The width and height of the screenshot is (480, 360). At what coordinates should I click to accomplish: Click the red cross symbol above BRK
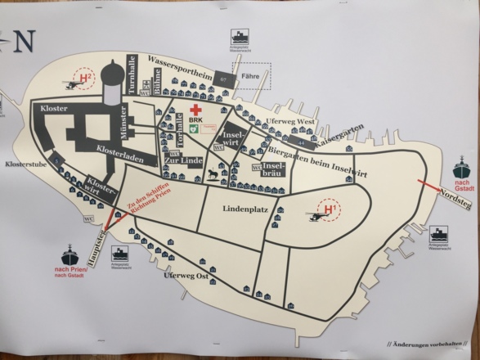(x=195, y=109)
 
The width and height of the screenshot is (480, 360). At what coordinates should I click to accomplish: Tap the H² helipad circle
(x=86, y=78)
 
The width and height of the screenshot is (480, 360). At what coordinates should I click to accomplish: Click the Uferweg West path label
(x=290, y=122)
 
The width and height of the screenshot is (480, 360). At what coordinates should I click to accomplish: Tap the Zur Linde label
(x=185, y=160)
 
